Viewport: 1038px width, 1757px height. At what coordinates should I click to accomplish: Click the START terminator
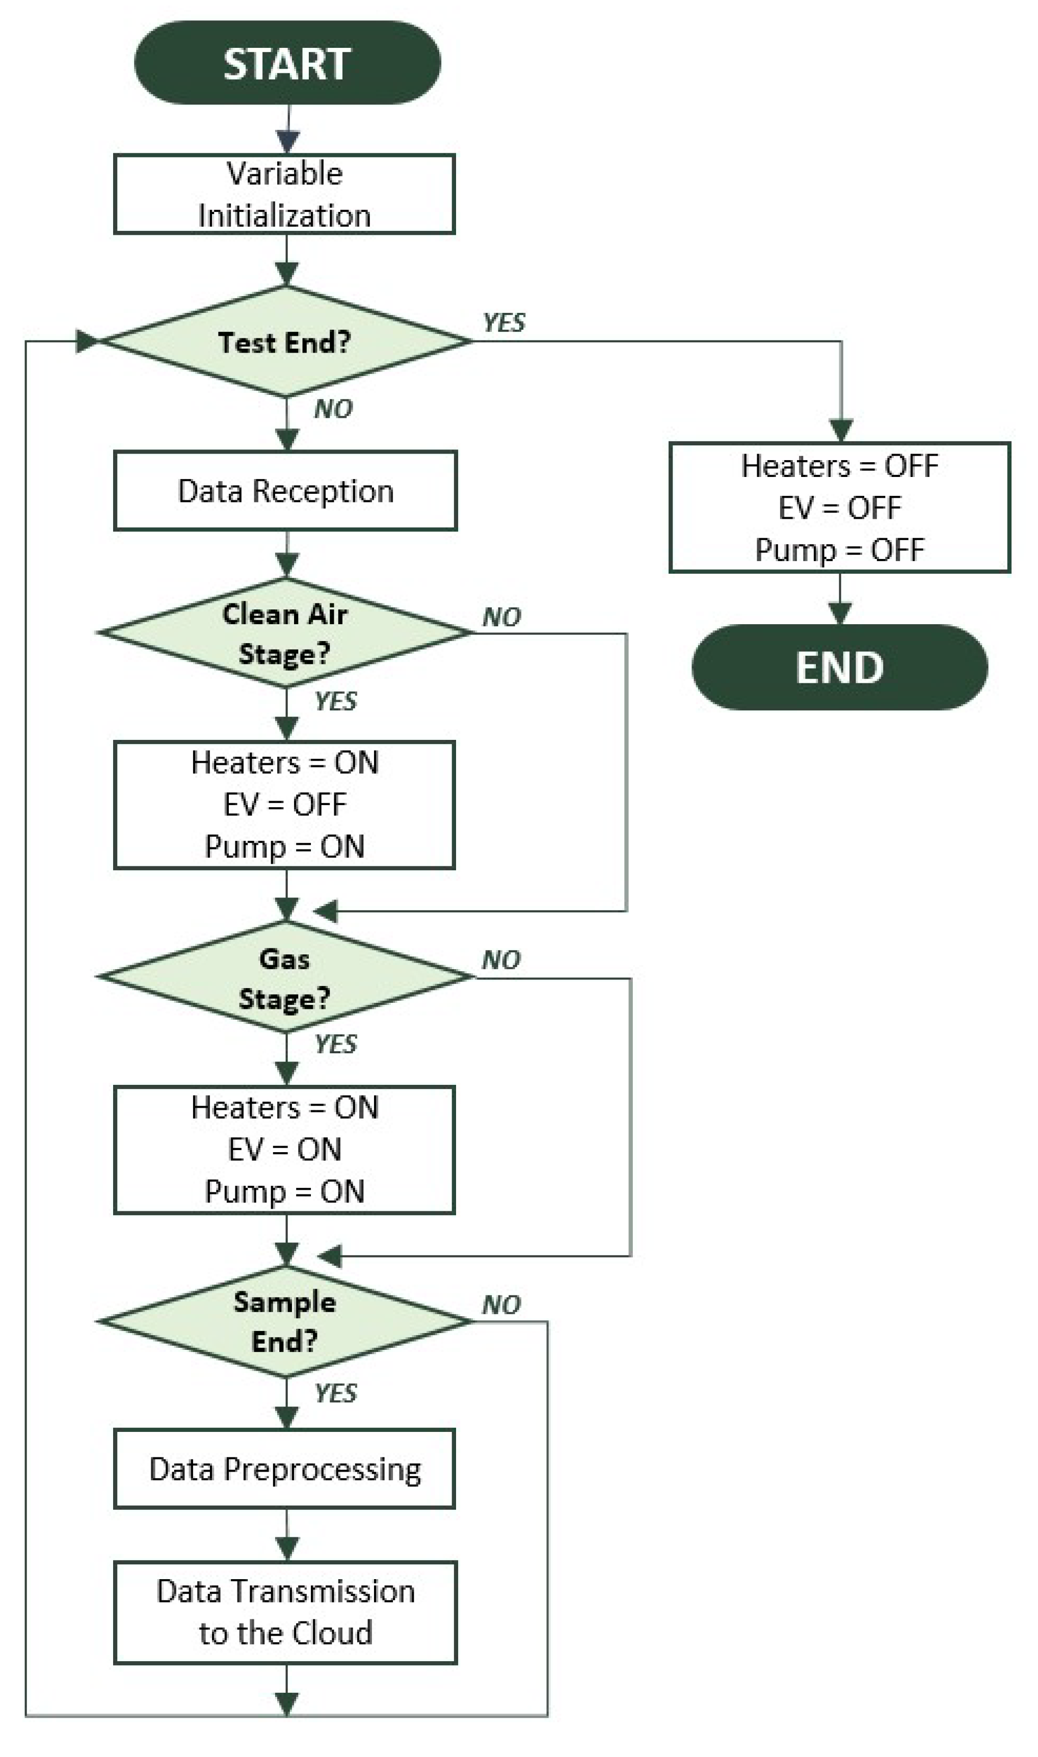tap(287, 63)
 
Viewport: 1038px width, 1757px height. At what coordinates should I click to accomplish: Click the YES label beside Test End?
tap(503, 323)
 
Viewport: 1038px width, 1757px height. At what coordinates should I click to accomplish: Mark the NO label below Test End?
tap(333, 409)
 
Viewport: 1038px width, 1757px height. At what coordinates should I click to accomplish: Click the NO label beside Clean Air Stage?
tap(501, 617)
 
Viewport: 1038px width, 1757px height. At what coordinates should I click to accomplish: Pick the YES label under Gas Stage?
tap(336, 1044)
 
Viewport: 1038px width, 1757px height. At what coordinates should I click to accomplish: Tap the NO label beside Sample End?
tap(501, 1305)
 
